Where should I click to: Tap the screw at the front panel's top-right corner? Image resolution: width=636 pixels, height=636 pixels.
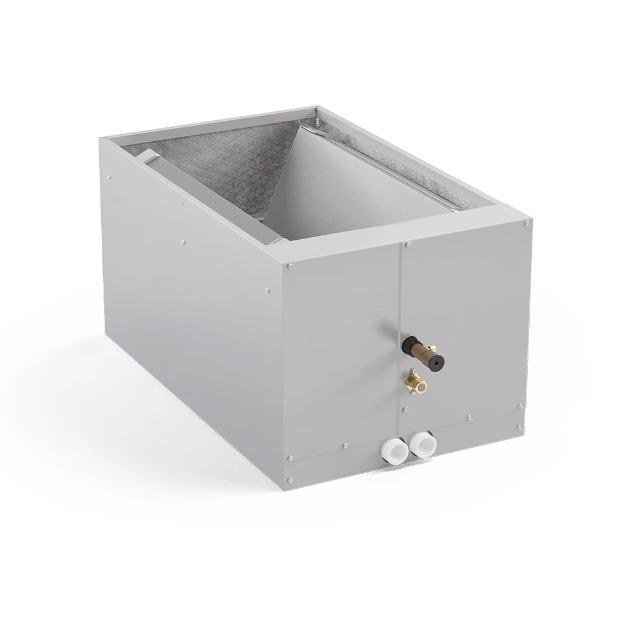[527, 223]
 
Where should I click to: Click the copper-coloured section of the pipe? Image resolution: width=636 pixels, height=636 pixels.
[420, 353]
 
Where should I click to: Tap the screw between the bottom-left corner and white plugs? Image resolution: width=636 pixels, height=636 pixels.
[343, 445]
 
